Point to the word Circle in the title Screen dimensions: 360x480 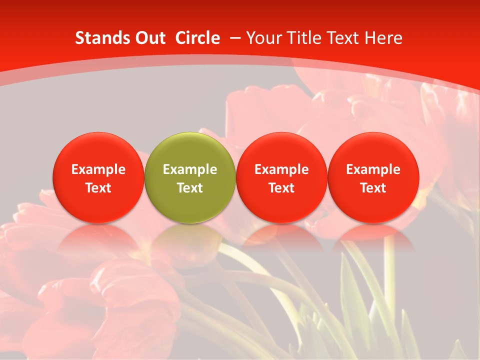(x=197, y=38)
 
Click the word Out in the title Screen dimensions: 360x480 (x=148, y=38)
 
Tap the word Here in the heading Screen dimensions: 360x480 (x=383, y=38)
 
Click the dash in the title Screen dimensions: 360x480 (x=233, y=38)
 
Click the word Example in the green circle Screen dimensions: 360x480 (x=190, y=169)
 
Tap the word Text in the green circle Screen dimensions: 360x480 (x=190, y=188)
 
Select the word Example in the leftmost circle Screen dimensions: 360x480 (x=98, y=169)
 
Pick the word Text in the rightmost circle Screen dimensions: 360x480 (x=373, y=188)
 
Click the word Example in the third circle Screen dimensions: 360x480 (x=281, y=169)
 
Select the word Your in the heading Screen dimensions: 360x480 (x=263, y=38)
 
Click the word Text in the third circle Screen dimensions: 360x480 (x=281, y=188)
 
